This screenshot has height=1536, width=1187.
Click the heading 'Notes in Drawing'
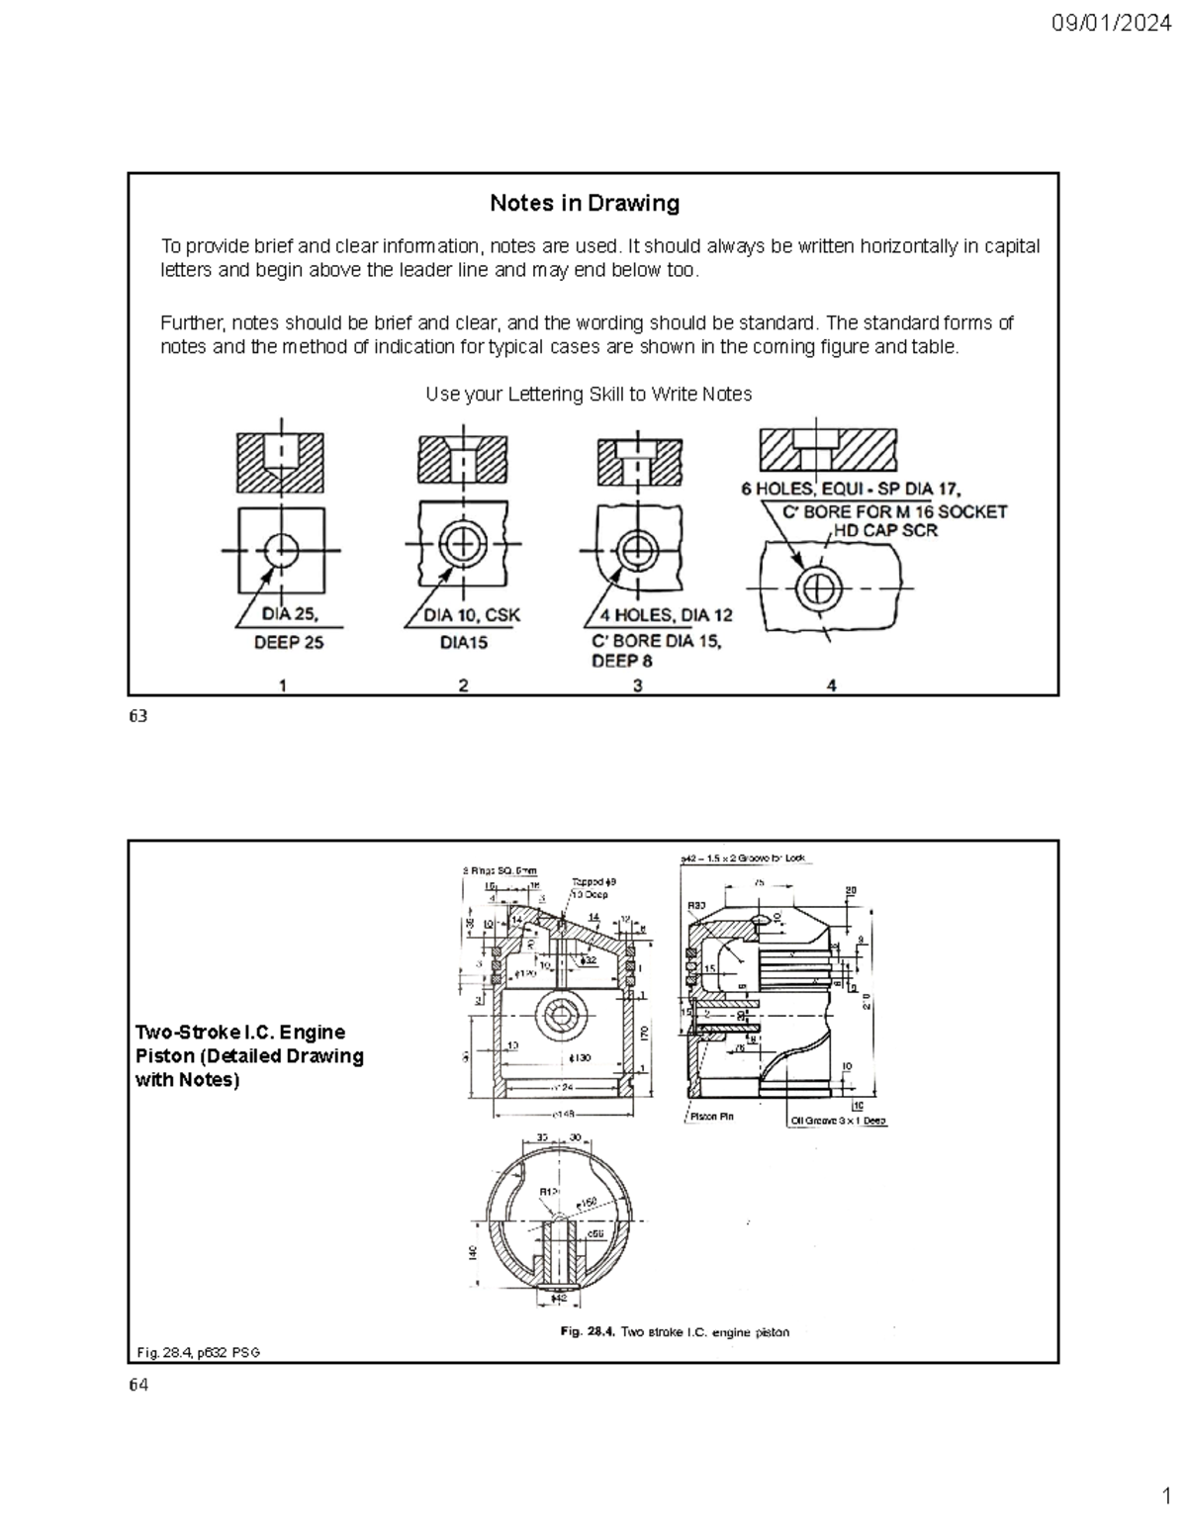pyautogui.click(x=585, y=204)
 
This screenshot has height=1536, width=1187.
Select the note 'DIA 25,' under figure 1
pyautogui.click(x=290, y=614)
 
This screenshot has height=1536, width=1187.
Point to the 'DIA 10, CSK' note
pyautogui.click(x=472, y=615)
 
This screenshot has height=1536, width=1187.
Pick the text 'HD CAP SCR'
pyautogui.click(x=883, y=530)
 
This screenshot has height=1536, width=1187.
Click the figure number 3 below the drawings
pyautogui.click(x=637, y=685)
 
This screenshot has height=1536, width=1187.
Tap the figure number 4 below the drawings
pyautogui.click(x=832, y=685)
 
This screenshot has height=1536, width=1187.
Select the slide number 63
pyautogui.click(x=137, y=716)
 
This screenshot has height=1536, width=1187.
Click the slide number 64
pyautogui.click(x=137, y=1385)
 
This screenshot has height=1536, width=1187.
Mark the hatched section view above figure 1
pyautogui.click(x=281, y=462)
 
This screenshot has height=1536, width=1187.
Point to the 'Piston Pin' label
pyautogui.click(x=711, y=1117)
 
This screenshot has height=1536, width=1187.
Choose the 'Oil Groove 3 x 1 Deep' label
pyautogui.click(x=838, y=1121)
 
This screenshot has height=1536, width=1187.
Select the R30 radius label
pyautogui.click(x=696, y=905)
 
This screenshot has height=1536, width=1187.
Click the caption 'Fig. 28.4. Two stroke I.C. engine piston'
pyautogui.click(x=675, y=1332)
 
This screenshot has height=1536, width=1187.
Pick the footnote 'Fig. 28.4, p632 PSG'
pyautogui.click(x=198, y=1352)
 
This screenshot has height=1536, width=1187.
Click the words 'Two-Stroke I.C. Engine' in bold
pyautogui.click(x=240, y=1033)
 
